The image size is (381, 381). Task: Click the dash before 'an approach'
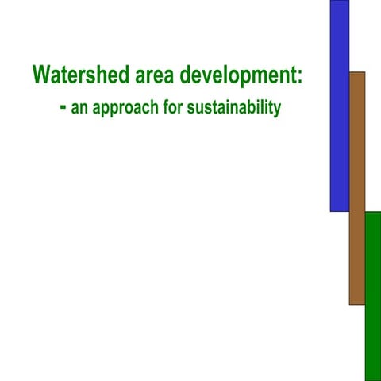coord(63,106)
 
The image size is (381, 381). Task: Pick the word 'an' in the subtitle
coord(79,108)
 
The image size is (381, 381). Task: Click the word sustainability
coord(234,108)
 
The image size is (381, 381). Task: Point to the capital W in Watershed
coord(43,75)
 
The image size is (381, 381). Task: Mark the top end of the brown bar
coord(357,74)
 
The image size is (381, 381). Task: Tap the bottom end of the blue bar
coord(340,209)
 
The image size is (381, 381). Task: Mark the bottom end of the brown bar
coord(357,302)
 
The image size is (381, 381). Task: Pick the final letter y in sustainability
coord(277,110)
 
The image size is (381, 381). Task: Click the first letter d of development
coord(185,75)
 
